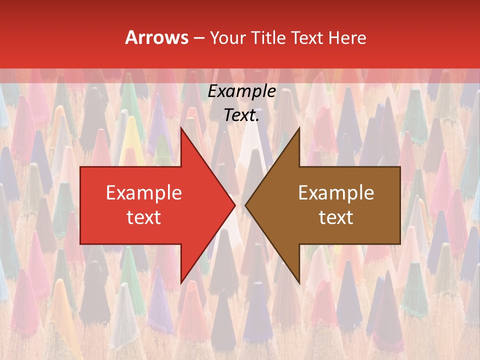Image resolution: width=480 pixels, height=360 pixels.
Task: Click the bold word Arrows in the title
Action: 156,38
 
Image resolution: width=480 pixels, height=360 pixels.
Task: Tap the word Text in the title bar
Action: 307,38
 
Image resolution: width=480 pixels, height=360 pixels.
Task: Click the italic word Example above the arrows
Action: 241,91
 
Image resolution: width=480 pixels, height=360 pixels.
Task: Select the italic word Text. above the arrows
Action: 240,115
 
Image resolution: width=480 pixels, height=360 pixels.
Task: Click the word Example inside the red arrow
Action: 143,193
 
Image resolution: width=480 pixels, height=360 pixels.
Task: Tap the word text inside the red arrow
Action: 143,217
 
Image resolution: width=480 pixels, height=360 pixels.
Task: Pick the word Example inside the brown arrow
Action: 336,193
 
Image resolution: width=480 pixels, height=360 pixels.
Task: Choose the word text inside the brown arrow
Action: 336,217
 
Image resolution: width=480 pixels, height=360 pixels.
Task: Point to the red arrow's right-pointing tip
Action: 235,205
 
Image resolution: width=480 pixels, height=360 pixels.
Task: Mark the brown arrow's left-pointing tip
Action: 245,205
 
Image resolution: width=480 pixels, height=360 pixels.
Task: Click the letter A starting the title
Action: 130,38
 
